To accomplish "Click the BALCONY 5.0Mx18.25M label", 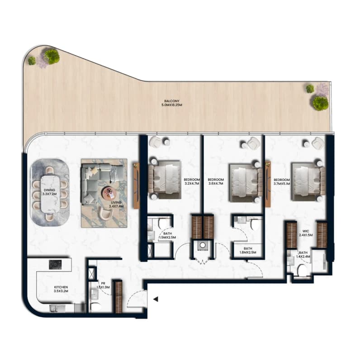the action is (x=172, y=103).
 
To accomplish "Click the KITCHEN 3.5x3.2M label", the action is (x=61, y=289).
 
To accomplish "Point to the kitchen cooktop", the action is (x=55, y=265).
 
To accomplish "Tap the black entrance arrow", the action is (x=156, y=299).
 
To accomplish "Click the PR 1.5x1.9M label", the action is (x=103, y=285).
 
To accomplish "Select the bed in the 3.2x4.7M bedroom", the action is (x=164, y=179).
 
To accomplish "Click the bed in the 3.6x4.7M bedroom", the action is (x=246, y=183).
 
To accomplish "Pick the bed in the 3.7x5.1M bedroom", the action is (x=308, y=182).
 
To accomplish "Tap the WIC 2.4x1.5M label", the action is (x=306, y=233).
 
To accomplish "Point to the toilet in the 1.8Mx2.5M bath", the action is (x=255, y=224).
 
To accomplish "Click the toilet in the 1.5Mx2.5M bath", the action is (x=163, y=223).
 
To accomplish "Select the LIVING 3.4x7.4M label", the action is (x=116, y=204).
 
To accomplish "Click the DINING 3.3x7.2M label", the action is (x=49, y=192).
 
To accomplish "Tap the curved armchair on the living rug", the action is (x=105, y=212).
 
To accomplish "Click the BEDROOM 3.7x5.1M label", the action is (x=282, y=182).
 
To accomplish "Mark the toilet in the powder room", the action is (x=96, y=307).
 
